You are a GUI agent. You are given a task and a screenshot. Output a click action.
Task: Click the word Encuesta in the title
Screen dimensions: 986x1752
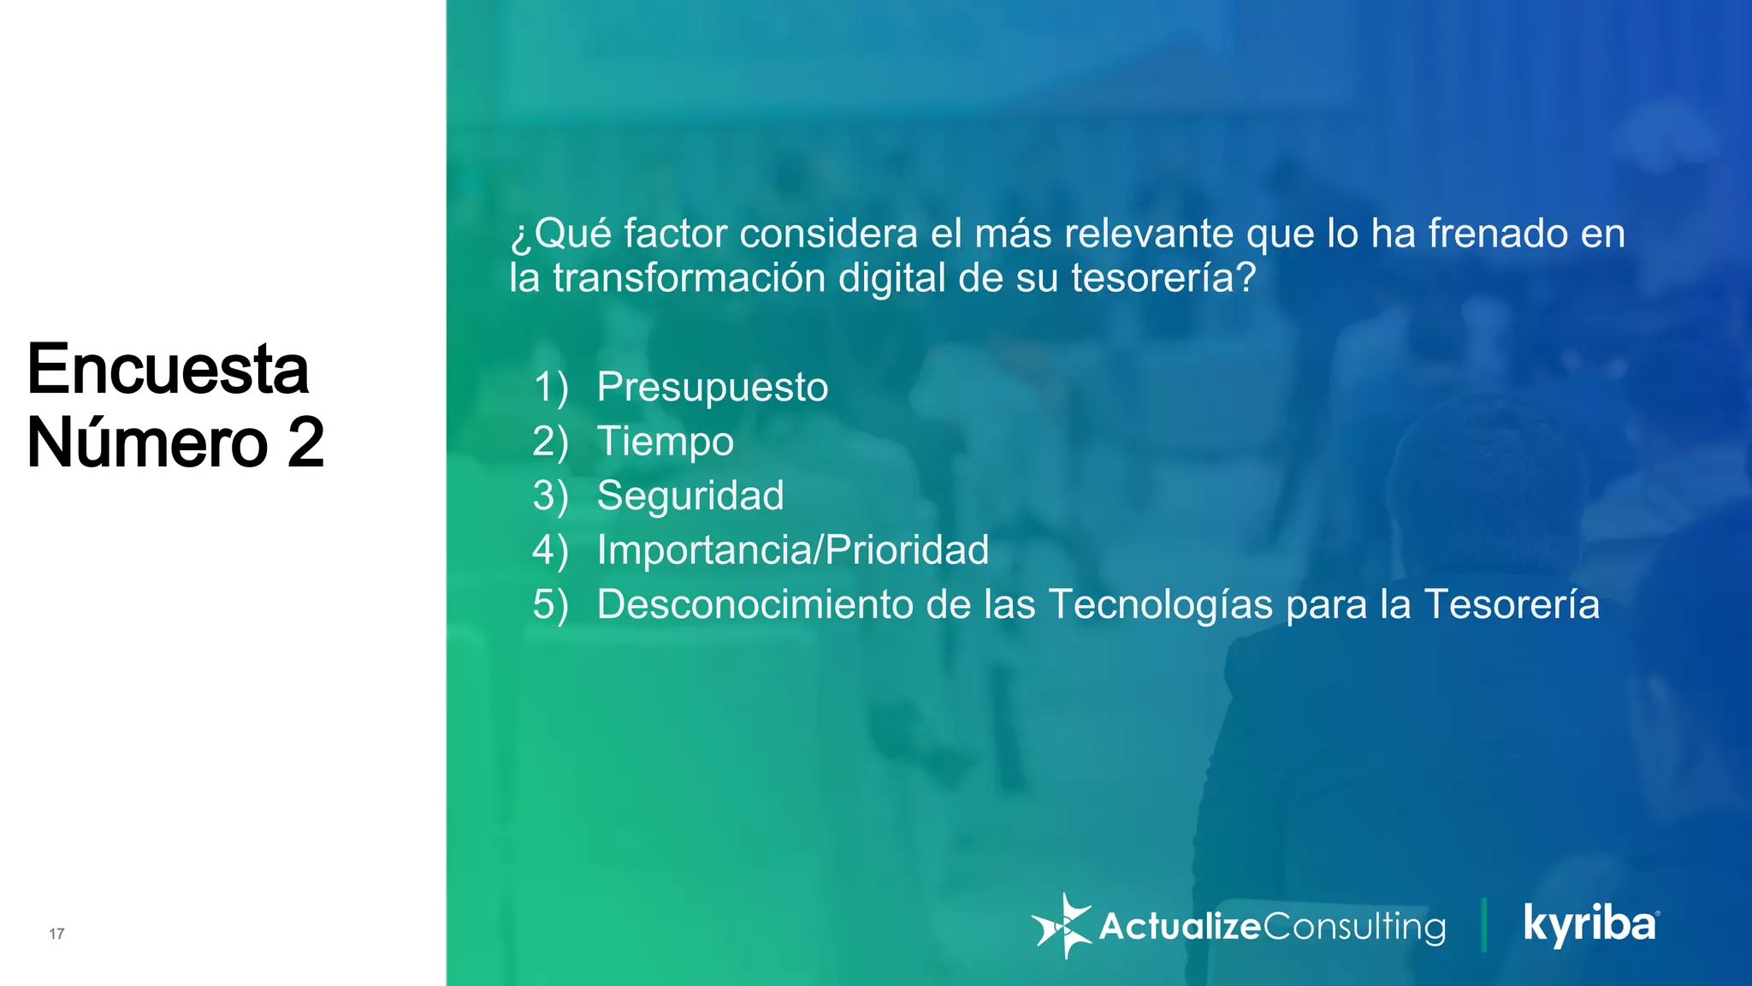point(168,370)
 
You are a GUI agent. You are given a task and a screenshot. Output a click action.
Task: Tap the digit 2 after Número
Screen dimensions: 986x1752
point(305,443)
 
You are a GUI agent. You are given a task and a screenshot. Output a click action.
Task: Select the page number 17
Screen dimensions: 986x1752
point(56,934)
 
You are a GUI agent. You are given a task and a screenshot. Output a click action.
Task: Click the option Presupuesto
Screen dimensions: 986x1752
point(712,388)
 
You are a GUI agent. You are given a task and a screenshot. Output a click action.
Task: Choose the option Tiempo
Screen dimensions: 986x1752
point(665,443)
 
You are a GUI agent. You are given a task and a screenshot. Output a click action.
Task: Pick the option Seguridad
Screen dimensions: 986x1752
point(690,496)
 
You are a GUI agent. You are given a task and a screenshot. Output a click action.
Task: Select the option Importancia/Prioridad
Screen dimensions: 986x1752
point(792,550)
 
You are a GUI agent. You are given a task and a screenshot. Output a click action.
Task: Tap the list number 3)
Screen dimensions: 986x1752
point(550,496)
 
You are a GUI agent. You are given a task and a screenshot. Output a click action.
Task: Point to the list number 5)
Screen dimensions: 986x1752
point(550,605)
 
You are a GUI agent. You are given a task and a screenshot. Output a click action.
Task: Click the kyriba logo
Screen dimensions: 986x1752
point(1590,925)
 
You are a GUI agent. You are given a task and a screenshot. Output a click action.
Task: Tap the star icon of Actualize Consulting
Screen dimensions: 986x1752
point(1062,926)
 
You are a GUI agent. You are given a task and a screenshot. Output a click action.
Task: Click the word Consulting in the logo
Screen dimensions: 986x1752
point(1353,927)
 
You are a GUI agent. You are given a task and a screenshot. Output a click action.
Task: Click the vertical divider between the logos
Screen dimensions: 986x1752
point(1484,925)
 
